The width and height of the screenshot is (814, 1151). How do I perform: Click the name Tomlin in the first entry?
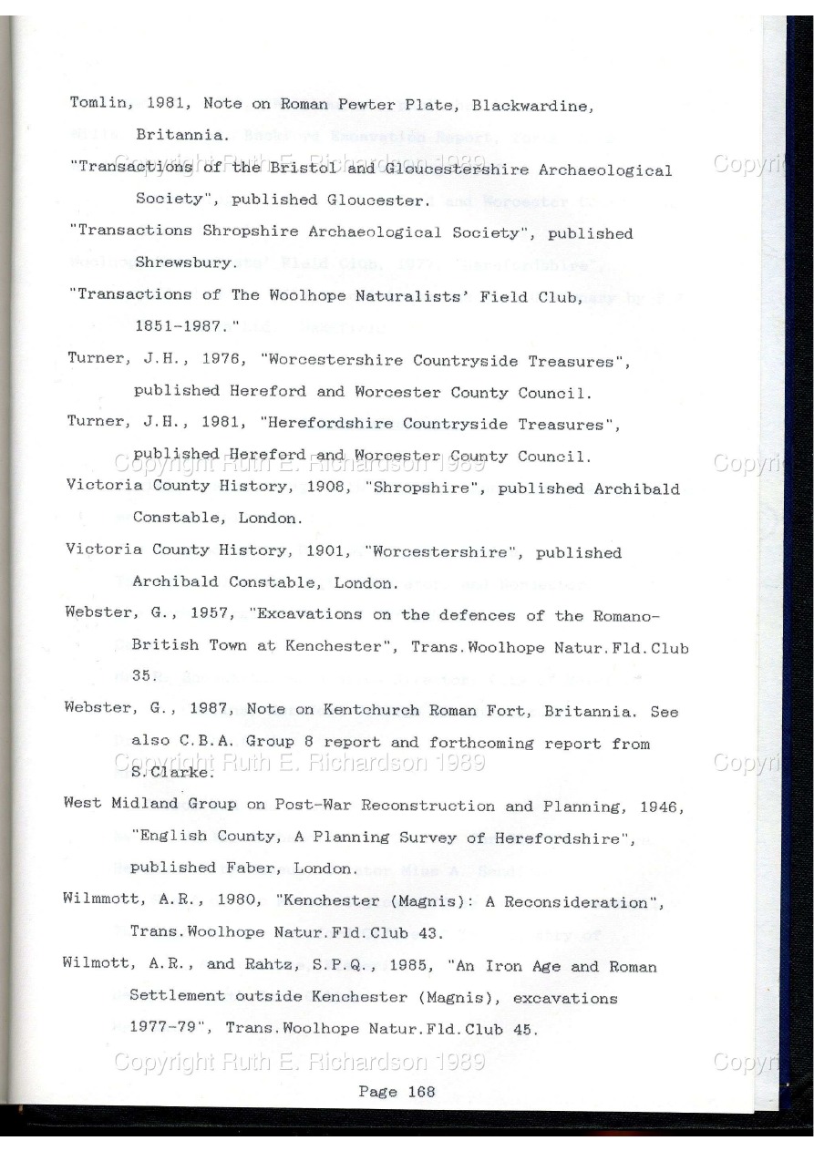click(x=95, y=103)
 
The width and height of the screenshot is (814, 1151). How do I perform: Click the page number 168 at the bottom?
click(x=420, y=1091)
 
